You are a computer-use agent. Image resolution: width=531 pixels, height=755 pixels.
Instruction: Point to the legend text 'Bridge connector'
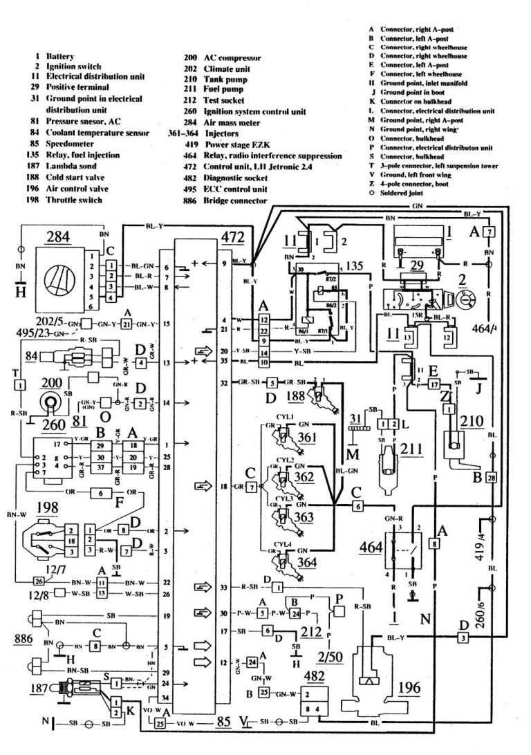point(235,201)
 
